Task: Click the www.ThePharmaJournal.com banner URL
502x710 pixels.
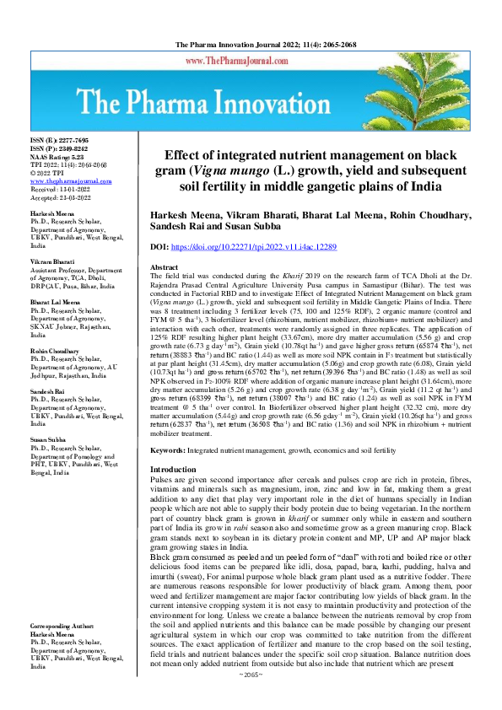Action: coord(251,61)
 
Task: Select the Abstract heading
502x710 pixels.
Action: coord(164,266)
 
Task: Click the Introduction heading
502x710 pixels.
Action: coord(172,469)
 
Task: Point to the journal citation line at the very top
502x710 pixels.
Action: coord(251,43)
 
